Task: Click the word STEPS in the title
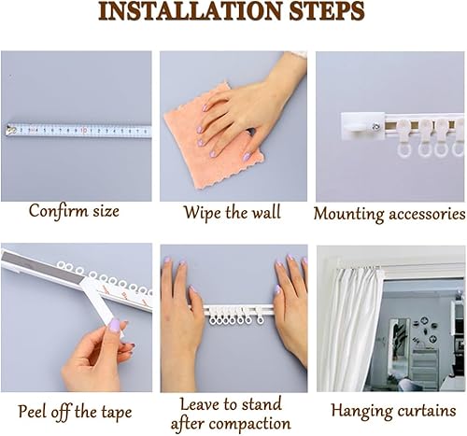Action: [x=327, y=11]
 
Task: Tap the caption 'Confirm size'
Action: [x=74, y=211]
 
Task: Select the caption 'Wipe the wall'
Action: [x=233, y=213]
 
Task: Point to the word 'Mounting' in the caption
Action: [x=349, y=215]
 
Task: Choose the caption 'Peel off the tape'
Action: [x=75, y=412]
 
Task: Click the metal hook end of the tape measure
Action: [x=10, y=130]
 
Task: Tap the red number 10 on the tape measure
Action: [x=83, y=131]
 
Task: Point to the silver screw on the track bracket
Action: [x=375, y=127]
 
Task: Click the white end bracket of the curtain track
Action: [x=363, y=126]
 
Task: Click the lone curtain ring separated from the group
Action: [x=261, y=319]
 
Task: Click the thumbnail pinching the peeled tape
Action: [x=114, y=325]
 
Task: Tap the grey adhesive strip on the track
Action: [x=44, y=265]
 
